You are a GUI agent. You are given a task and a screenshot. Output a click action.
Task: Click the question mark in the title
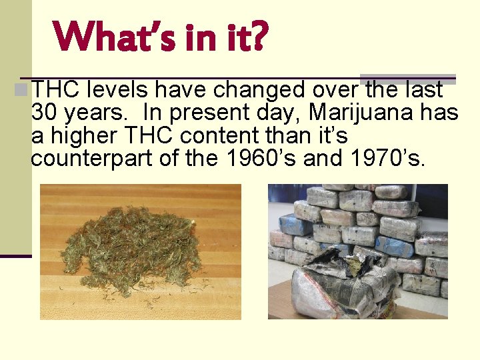258,37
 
